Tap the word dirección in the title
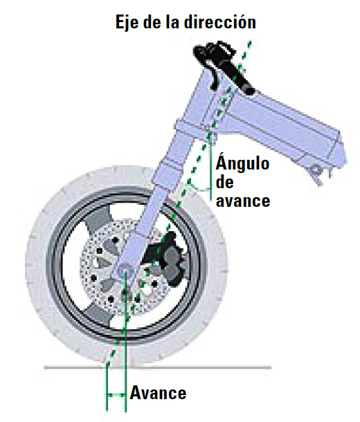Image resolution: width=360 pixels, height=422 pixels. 219,21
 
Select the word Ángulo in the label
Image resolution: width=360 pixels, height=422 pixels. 242,163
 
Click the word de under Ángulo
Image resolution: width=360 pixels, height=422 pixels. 225,183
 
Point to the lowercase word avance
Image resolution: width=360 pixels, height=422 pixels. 243,201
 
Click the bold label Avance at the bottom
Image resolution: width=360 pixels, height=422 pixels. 158,393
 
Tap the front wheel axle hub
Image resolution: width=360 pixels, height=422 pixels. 125,270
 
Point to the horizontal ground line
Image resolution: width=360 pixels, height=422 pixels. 158,367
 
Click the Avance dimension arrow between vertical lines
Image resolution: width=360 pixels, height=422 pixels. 116,395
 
